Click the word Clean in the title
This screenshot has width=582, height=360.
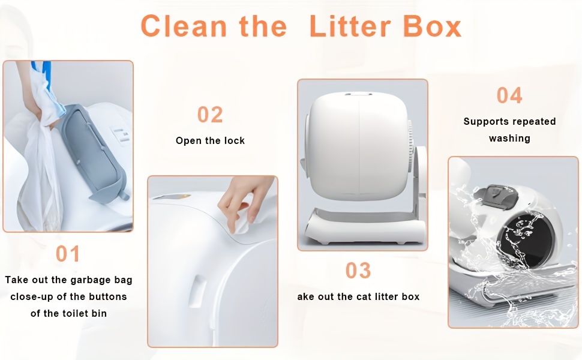pos(184,26)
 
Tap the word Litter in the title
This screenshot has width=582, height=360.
pos(350,26)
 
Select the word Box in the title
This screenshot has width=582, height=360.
pos(432,26)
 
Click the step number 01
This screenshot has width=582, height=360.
pos(68,254)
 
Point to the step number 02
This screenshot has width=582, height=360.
pos(210,115)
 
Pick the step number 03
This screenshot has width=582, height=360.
pos(358,270)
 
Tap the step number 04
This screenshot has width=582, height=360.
pos(509,95)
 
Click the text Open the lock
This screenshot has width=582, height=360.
pos(210,140)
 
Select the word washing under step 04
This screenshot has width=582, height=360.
pos(509,139)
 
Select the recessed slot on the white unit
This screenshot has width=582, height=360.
pos(197,292)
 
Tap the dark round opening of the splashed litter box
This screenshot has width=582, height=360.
pos(527,241)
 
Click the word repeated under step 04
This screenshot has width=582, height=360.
pos(533,121)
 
